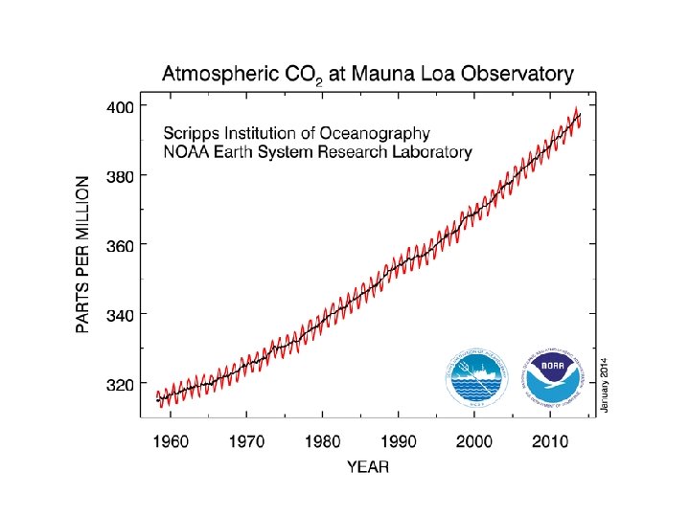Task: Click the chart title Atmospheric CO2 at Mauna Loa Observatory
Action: (x=367, y=73)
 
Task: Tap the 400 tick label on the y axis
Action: (x=121, y=105)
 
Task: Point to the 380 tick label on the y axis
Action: (x=121, y=175)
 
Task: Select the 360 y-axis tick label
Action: (x=121, y=245)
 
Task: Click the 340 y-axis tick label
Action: (x=121, y=314)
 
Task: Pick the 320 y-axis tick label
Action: (x=121, y=384)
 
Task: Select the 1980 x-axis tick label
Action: (x=323, y=442)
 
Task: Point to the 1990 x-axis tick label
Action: (x=399, y=442)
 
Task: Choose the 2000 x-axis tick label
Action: (x=474, y=442)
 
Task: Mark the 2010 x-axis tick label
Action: (x=550, y=442)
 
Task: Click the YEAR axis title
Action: (x=368, y=467)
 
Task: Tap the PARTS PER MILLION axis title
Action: (x=84, y=254)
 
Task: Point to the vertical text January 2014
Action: (x=604, y=373)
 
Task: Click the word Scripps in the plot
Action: (x=191, y=133)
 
